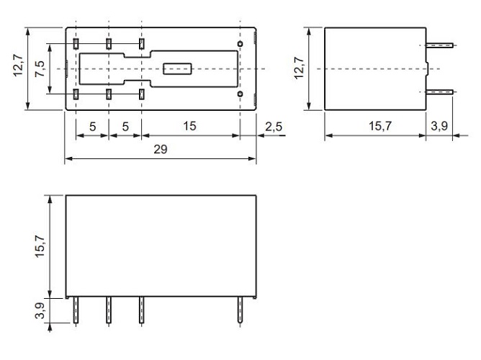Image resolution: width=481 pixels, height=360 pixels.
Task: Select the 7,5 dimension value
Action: tap(41, 69)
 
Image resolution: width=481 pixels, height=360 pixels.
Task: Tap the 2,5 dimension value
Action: tap(274, 127)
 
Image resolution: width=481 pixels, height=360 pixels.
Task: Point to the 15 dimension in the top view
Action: tap(189, 127)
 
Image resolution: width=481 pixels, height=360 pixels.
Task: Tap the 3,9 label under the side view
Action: tap(439, 127)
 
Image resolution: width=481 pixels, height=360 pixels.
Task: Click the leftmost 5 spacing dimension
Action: tap(92, 127)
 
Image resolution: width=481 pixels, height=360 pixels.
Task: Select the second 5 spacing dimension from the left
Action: tap(125, 127)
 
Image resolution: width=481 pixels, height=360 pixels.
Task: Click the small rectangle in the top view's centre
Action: tap(177, 69)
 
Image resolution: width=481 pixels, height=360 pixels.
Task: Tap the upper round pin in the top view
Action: tap(240, 45)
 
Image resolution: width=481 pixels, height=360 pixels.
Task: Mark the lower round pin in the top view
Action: tap(240, 94)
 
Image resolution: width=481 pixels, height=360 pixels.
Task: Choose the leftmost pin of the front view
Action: tap(76, 311)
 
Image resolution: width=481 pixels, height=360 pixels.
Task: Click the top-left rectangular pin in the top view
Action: tap(76, 45)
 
